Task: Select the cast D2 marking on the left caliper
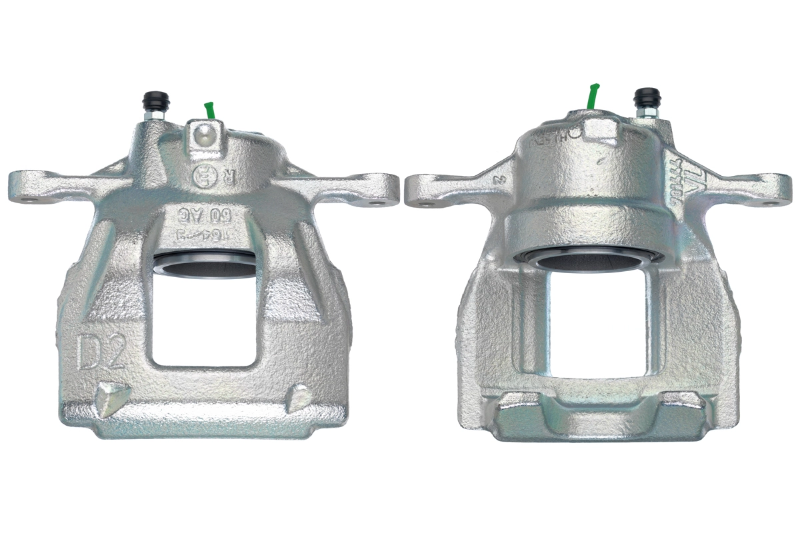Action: point(101,352)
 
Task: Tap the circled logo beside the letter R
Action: point(201,178)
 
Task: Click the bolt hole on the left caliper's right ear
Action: point(382,197)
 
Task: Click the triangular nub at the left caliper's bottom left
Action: point(109,398)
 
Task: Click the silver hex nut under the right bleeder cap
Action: point(645,113)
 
